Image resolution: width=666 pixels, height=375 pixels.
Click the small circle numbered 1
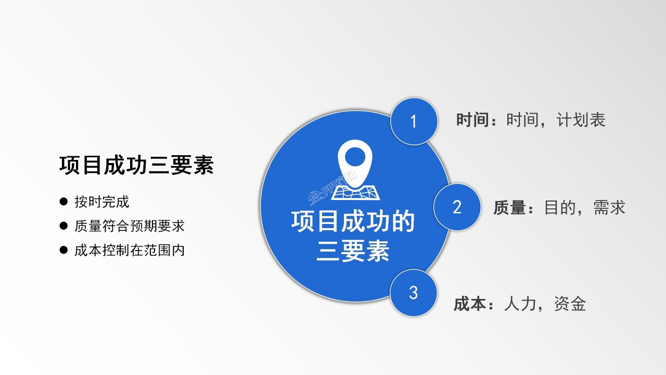point(414,121)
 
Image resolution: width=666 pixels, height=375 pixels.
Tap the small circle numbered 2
point(457,207)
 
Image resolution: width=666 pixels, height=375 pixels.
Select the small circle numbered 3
point(413,293)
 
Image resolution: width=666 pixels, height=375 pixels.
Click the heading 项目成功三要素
point(136,165)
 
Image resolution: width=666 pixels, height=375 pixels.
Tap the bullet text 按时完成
point(101,202)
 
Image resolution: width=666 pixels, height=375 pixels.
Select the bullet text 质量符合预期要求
point(129,226)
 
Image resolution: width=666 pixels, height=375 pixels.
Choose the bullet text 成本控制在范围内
point(129,251)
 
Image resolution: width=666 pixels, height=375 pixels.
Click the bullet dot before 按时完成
point(64,201)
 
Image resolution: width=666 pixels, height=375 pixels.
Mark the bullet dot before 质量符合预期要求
point(64,226)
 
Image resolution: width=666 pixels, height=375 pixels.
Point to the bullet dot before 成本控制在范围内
point(64,250)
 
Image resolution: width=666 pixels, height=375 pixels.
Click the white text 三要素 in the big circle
point(353,252)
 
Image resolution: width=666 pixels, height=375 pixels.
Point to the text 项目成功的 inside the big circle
point(353,221)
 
